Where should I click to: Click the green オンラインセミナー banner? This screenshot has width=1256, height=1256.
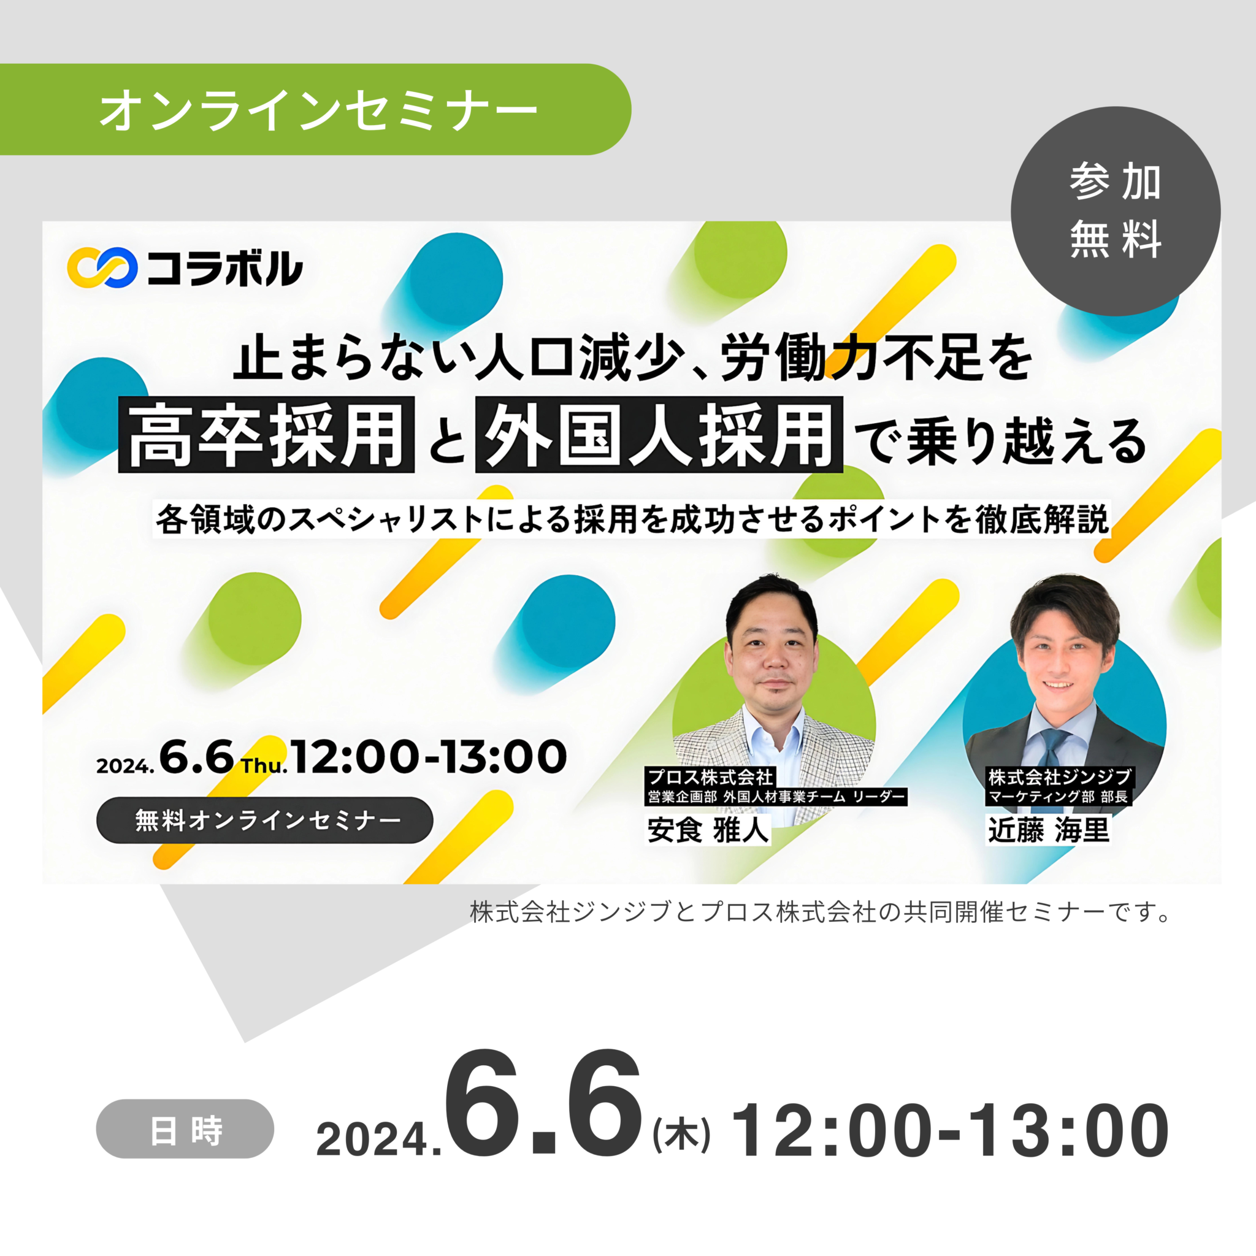[315, 109]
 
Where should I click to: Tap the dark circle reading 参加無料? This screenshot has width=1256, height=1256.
[1116, 212]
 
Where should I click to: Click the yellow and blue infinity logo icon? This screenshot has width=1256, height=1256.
[102, 267]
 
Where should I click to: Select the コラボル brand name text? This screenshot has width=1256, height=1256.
[224, 268]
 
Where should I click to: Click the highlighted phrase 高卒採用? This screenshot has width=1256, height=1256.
[267, 434]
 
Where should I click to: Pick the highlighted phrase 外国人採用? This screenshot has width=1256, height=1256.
[659, 434]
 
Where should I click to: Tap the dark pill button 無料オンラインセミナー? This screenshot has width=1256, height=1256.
[264, 821]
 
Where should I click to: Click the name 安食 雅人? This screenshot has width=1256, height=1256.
[708, 830]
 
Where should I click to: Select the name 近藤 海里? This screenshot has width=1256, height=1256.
[1049, 830]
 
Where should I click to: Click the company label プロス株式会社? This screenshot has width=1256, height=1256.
[710, 777]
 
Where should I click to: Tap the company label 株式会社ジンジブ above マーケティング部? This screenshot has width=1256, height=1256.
[1060, 777]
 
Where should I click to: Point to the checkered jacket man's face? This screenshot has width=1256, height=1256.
[772, 657]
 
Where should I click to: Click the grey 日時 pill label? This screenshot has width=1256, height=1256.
[185, 1128]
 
